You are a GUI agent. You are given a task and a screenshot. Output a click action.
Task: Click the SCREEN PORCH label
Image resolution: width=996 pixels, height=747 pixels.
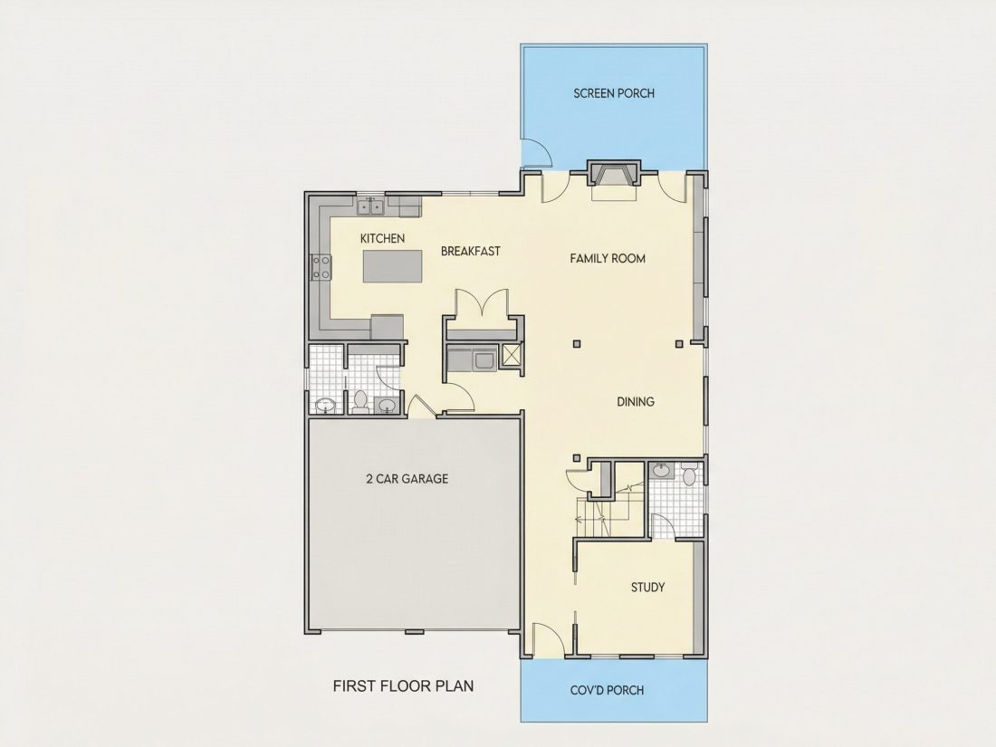(x=614, y=93)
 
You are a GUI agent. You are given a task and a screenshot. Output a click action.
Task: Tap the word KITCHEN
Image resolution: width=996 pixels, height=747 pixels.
(x=382, y=238)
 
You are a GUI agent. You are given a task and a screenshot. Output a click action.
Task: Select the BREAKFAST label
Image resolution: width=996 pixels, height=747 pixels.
(x=471, y=251)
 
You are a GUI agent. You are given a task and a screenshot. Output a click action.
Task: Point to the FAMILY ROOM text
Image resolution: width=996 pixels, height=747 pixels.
(x=608, y=259)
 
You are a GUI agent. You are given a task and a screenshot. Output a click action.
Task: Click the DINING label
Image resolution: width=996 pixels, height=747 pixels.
(x=636, y=401)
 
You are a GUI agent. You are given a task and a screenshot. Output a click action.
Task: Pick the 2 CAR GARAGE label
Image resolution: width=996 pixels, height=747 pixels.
(x=407, y=478)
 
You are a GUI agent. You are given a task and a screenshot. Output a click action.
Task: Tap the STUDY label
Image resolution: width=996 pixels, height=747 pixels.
(x=648, y=587)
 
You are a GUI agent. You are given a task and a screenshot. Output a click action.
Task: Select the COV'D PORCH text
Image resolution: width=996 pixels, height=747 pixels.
(x=608, y=690)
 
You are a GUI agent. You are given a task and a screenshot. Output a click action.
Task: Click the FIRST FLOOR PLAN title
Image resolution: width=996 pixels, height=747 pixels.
(x=403, y=686)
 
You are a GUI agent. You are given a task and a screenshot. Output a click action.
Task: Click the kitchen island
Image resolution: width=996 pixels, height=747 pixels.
(x=393, y=266)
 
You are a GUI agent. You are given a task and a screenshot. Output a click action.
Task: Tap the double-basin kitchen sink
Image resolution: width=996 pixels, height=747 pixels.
(x=370, y=206)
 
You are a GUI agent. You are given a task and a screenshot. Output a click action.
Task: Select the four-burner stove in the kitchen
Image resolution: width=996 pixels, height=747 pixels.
(x=321, y=267)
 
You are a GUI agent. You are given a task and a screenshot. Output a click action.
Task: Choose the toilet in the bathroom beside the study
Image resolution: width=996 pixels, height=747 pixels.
(x=690, y=474)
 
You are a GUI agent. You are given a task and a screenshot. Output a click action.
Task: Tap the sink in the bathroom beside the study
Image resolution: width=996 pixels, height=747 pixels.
(x=661, y=471)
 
